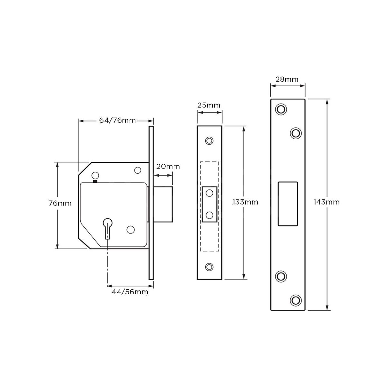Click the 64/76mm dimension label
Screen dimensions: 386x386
coord(117,121)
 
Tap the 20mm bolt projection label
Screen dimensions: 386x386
coord(168,167)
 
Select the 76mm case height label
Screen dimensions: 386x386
coord(60,203)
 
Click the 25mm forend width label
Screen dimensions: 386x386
coord(209,105)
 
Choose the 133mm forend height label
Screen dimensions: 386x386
coord(245,202)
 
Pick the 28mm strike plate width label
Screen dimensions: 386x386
coord(287,79)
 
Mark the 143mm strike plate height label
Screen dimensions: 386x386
coord(327,202)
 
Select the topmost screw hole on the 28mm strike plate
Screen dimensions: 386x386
coord(281,109)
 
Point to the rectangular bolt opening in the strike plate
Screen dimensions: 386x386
coord(288,203)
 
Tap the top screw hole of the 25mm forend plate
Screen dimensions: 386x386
coord(209,141)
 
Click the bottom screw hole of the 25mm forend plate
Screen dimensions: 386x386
coord(209,266)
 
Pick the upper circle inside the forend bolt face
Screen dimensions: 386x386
coord(209,193)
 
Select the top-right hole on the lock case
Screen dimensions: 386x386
coord(138,170)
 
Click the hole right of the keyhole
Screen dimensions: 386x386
coord(130,229)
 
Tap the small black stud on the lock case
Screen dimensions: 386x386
coord(95,181)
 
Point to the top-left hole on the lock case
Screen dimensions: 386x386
coord(95,175)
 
